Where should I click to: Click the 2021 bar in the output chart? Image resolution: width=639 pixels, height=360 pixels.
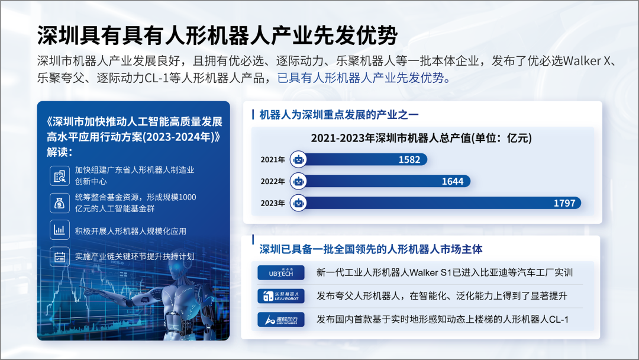pyautogui.click(x=363, y=159)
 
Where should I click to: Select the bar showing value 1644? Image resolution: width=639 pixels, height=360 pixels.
pyautogui.click(x=385, y=181)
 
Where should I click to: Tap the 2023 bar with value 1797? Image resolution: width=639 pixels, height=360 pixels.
pyautogui.click(x=440, y=203)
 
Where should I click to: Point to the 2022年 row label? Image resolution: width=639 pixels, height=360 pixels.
pyautogui.click(x=273, y=181)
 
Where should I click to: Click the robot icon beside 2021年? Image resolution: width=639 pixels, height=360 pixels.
pyautogui.click(x=298, y=159)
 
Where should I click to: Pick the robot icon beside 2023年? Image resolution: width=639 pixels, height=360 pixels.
pyautogui.click(x=298, y=203)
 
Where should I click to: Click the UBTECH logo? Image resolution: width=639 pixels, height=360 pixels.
pyautogui.click(x=281, y=273)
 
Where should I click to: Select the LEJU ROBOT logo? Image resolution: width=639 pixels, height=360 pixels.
pyautogui.click(x=281, y=296)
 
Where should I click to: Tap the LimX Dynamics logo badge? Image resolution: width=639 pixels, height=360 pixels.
pyautogui.click(x=281, y=320)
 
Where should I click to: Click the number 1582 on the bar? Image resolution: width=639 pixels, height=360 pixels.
pyautogui.click(x=409, y=160)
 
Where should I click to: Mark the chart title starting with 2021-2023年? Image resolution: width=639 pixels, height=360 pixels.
pyautogui.click(x=421, y=138)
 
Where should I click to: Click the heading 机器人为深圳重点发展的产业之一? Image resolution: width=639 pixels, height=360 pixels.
pyautogui.click(x=339, y=114)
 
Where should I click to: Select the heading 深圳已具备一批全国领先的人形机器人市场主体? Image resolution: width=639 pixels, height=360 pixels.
pyautogui.click(x=371, y=249)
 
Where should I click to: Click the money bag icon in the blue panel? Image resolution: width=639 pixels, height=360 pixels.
pyautogui.click(x=60, y=203)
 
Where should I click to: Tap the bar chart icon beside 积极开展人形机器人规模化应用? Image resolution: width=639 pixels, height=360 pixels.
pyautogui.click(x=60, y=230)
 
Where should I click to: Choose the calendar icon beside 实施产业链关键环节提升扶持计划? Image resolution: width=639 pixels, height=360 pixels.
pyautogui.click(x=60, y=257)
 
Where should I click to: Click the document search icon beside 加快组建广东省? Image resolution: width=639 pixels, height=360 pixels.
pyautogui.click(x=60, y=176)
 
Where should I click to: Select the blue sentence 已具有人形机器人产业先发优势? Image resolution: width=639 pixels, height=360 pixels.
pyautogui.click(x=360, y=78)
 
